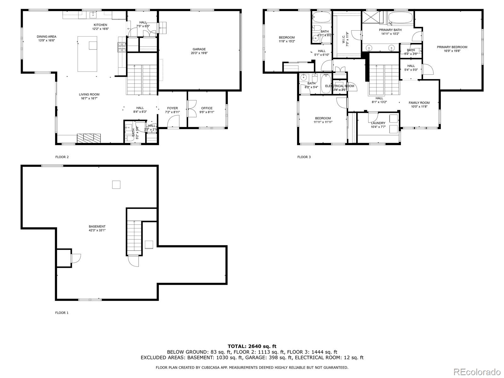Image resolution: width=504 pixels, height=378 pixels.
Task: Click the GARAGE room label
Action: [199, 49]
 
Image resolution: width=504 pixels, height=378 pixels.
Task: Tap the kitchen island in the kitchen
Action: [87, 54]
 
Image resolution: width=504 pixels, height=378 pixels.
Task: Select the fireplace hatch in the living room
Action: [89, 138]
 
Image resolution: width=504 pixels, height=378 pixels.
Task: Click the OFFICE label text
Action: [207, 108]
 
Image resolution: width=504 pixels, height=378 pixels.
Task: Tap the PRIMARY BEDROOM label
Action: [452, 47]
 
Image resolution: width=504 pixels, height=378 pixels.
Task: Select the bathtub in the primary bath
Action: [400, 18]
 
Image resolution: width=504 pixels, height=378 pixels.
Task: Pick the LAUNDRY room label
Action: [378, 123]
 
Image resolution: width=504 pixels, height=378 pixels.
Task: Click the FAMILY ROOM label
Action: [419, 103]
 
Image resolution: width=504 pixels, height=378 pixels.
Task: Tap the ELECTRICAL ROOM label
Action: [340, 86]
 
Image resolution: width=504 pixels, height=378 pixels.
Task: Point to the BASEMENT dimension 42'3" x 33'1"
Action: [97, 230]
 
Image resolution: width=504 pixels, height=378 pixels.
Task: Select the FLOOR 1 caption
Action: [62, 313]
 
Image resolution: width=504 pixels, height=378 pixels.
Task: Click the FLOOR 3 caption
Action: [304, 157]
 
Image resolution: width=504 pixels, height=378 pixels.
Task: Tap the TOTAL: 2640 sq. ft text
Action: [252, 346]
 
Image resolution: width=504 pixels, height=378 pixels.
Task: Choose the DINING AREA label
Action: [46, 37]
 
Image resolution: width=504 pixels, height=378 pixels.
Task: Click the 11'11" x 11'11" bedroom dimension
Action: [323, 122]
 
